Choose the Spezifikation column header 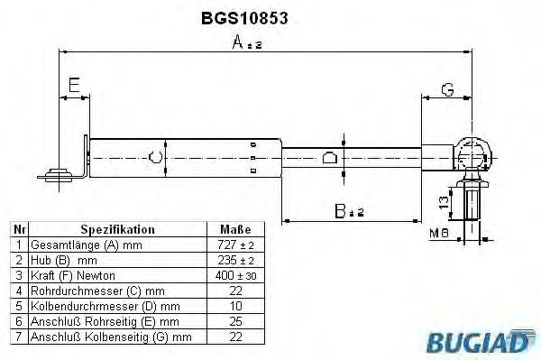117,229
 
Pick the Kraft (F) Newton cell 72,274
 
